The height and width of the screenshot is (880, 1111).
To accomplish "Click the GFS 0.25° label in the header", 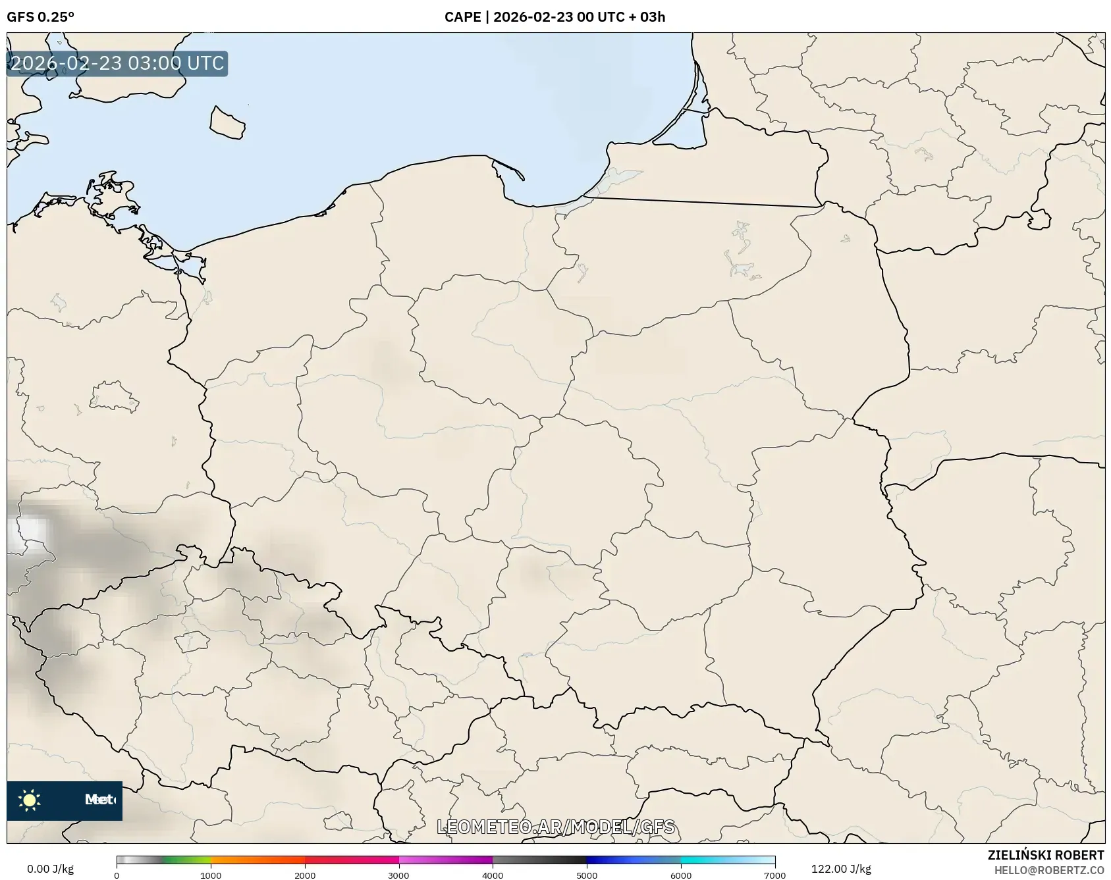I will pos(40,17).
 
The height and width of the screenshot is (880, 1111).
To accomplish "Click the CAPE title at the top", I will pos(555,17).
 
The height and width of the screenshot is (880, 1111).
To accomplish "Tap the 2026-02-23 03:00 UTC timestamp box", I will pos(117,63).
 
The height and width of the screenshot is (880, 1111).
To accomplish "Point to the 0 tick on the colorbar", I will pos(117,875).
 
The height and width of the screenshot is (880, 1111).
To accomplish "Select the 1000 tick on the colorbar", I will pos(211,875).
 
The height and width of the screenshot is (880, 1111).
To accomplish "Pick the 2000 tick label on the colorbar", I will pos(305,875).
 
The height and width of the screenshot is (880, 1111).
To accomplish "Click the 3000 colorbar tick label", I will pos(398,875).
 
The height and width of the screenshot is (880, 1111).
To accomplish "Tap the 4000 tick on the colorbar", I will pos(493,875).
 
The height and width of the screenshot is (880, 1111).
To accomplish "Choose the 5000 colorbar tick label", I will pos(587,875).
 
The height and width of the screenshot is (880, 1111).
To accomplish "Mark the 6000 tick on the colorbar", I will pos(681,875).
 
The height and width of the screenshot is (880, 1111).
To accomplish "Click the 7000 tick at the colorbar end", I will pos(774,875).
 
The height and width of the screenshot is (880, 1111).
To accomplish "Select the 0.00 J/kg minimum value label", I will pos(50,869).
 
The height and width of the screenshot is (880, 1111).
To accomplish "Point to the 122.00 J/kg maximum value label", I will pos(841,869).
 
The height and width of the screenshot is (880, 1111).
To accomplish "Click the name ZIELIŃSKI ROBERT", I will pos(1045,855).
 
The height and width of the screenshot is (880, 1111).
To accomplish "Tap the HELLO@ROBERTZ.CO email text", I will pos(1048,870).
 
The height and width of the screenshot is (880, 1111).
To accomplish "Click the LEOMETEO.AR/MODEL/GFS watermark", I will pos(556,827).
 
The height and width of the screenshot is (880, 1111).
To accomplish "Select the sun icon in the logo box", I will pos(30,800).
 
